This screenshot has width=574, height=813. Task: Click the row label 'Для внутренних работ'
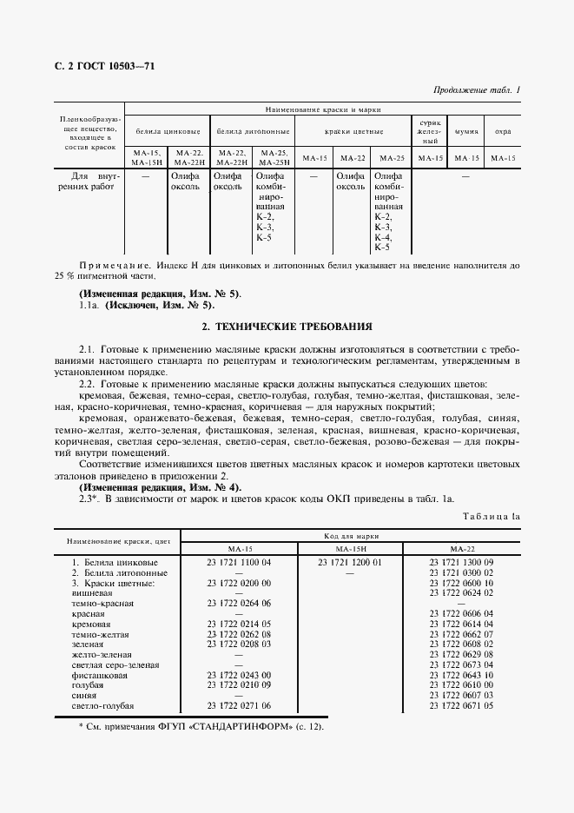(x=84, y=180)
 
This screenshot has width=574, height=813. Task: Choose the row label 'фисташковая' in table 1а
(x=100, y=675)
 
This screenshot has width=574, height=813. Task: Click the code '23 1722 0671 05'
(x=461, y=706)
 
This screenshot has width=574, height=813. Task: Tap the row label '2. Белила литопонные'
(x=120, y=573)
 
